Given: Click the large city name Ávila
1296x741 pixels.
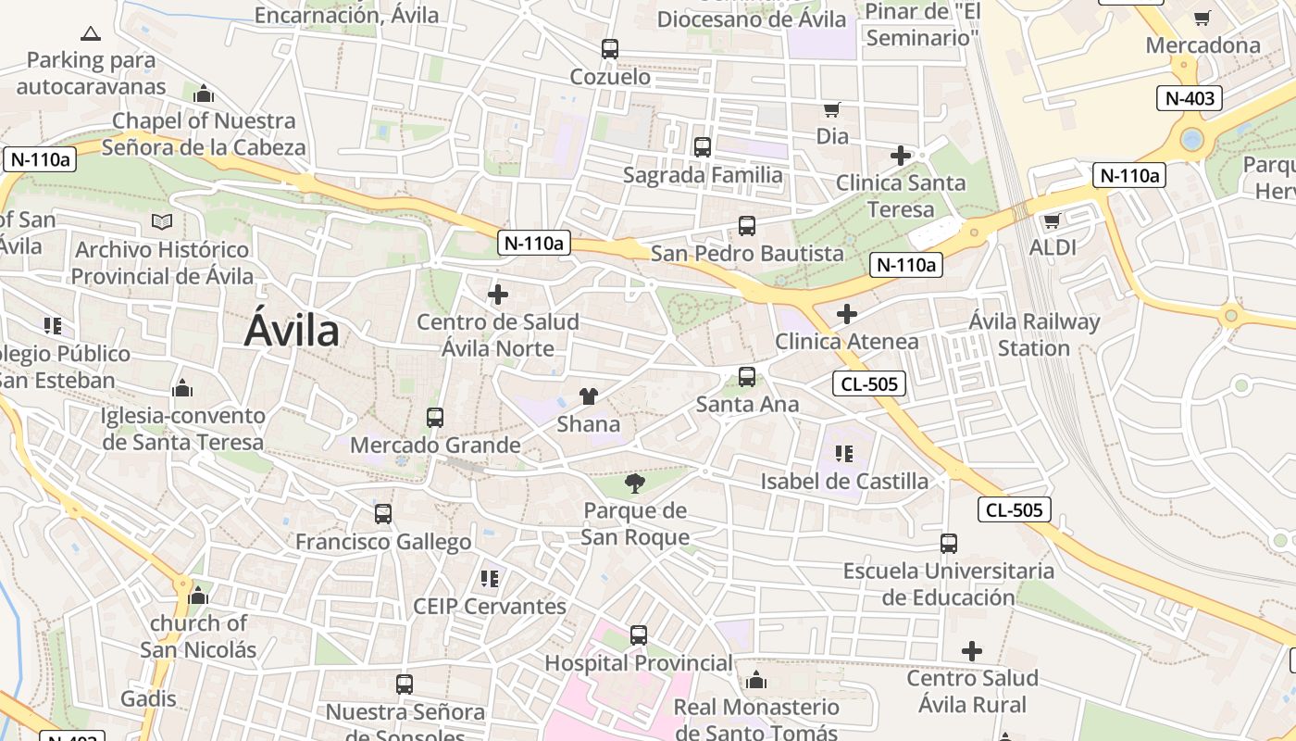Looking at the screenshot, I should tap(292, 331).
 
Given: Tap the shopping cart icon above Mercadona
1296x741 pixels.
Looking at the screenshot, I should tap(1203, 18).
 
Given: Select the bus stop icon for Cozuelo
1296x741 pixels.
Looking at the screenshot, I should tap(609, 49).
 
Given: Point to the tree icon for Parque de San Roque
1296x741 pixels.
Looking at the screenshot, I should tap(635, 483).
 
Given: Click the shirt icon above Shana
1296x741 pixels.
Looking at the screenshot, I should tap(589, 396).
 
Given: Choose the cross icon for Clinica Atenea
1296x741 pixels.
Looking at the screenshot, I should tap(846, 314).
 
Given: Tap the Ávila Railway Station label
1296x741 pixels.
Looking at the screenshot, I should tap(1034, 335).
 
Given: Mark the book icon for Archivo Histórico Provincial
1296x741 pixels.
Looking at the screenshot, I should tap(162, 222).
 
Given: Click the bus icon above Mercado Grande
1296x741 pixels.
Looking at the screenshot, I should tap(435, 418).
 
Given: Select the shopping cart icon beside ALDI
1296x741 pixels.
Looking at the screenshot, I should tap(1052, 220).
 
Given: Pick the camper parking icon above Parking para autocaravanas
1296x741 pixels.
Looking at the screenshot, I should tap(91, 34).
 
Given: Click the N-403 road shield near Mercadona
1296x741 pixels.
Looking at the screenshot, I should tap(1190, 98).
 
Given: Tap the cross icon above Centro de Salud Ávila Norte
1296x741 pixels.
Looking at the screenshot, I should tap(498, 295).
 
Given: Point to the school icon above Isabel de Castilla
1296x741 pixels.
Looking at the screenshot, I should tap(843, 454).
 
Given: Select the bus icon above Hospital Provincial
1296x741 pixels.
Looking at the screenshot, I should tap(639, 635).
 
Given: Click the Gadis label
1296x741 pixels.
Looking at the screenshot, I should tap(148, 698).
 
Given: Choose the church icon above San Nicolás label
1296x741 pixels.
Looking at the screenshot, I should tap(198, 596).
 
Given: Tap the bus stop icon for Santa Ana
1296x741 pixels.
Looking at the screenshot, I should tap(747, 377).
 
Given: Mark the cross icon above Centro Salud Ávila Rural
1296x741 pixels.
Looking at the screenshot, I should tap(971, 651).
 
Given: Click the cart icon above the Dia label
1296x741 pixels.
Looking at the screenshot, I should tap(832, 109).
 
